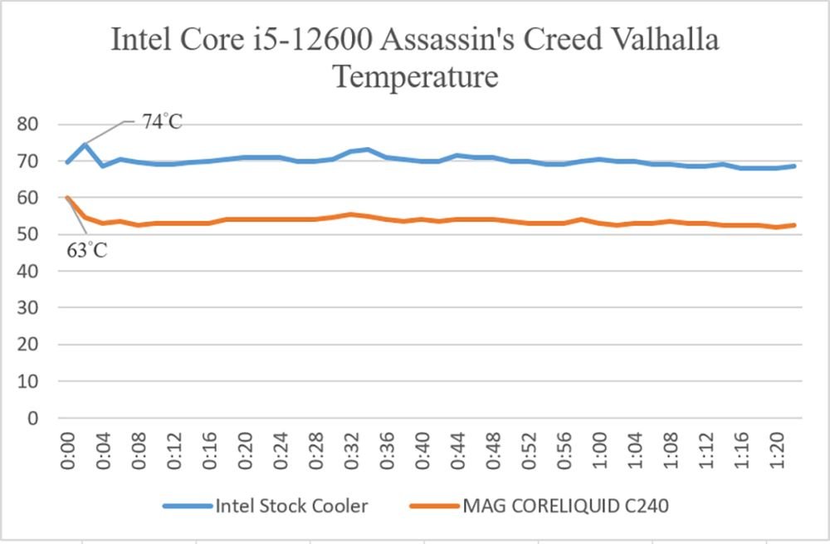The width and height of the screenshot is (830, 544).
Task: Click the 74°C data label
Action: (x=162, y=122)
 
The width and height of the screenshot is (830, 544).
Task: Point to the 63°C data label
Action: (x=87, y=250)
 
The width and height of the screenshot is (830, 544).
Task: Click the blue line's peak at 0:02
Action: (x=85, y=144)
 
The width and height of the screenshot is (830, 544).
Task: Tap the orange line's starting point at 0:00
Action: (x=67, y=198)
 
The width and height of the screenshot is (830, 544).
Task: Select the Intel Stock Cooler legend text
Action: (x=291, y=506)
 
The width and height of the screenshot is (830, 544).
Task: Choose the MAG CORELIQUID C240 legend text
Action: (x=566, y=506)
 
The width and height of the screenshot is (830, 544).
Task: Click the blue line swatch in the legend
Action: (x=188, y=507)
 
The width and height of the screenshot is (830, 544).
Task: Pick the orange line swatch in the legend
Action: (x=435, y=507)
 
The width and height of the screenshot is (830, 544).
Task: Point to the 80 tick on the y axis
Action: (x=27, y=124)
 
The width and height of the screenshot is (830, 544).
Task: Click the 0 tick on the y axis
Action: (x=33, y=418)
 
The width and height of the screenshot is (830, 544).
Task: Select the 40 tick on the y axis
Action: (x=27, y=271)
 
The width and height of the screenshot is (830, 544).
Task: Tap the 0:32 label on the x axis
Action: (x=351, y=451)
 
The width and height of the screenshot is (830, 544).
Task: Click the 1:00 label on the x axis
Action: (x=600, y=451)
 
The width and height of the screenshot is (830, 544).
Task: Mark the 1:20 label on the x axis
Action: (x=777, y=451)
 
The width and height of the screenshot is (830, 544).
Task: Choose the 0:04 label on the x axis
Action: (x=103, y=451)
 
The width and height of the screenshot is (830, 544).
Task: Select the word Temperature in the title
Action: (x=416, y=76)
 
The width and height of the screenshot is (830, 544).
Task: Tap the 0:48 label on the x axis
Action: (x=493, y=451)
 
